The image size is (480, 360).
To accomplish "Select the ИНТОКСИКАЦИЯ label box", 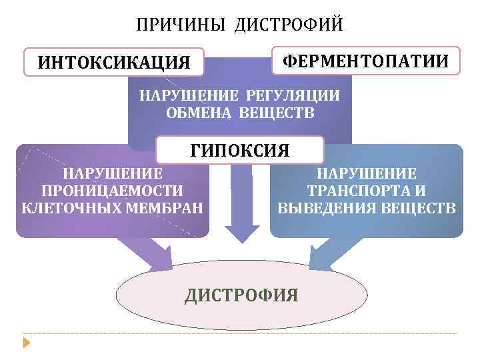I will (113, 63).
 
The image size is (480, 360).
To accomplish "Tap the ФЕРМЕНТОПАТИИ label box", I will (365, 61).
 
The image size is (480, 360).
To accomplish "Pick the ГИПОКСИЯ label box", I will (239, 151).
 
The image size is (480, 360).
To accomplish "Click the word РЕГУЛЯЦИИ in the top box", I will (297, 95).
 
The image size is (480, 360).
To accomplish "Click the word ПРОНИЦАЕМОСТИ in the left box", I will (112, 191).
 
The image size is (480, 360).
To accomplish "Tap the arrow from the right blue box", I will (327, 255).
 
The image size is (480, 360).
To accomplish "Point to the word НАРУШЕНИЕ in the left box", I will (112, 174).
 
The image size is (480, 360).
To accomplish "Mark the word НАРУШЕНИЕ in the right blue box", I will (367, 174).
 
